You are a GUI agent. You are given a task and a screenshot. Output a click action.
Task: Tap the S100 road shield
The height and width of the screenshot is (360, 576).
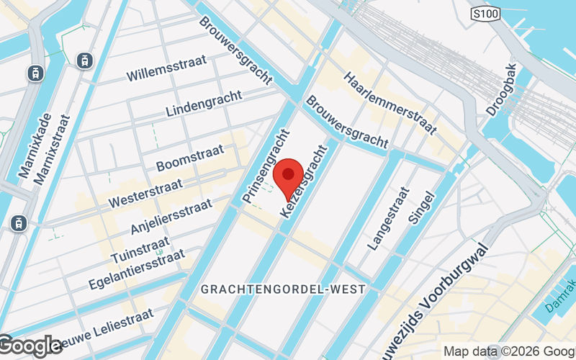[x=485, y=14]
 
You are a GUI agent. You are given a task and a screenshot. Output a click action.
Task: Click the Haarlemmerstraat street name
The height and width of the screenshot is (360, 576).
[x=390, y=103]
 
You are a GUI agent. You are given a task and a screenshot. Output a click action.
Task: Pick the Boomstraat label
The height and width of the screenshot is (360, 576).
[x=189, y=158]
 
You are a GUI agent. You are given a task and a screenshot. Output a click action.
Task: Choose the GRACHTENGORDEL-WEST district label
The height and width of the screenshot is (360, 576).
[x=283, y=289]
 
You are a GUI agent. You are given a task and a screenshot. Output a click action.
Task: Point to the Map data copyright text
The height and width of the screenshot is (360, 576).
[x=508, y=351]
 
